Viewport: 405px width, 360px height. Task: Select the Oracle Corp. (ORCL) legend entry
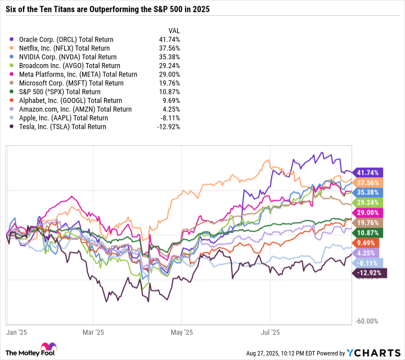(66, 39)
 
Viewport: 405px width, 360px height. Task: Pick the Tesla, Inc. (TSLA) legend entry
(62, 127)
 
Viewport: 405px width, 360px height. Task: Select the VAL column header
(174, 30)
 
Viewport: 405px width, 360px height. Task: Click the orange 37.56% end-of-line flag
(368, 183)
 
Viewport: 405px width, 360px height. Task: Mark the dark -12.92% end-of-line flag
(368, 273)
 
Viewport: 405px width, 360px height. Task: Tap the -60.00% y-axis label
(368, 321)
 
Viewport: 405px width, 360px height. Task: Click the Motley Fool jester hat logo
(44, 347)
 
